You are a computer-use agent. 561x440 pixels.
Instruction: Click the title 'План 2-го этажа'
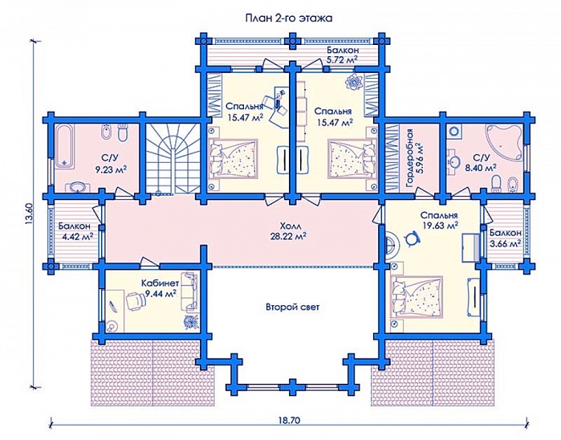(288, 18)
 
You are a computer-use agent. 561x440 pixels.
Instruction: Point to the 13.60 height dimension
(30, 214)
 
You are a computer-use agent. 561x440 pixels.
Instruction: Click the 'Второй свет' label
(292, 307)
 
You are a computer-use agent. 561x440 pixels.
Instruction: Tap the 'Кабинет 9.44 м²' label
(160, 288)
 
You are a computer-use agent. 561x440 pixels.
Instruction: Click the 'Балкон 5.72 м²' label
(343, 55)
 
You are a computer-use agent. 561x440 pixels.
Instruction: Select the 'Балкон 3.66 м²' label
(505, 238)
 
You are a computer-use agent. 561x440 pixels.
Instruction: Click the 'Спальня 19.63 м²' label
(439, 220)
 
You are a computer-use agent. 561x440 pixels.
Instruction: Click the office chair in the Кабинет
(135, 299)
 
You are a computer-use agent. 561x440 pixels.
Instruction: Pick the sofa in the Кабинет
(189, 291)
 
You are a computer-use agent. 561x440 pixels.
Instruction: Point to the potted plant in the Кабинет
(190, 320)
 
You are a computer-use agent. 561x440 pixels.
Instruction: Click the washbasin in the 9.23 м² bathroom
(76, 187)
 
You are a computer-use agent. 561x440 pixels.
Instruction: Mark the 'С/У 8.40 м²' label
(484, 162)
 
